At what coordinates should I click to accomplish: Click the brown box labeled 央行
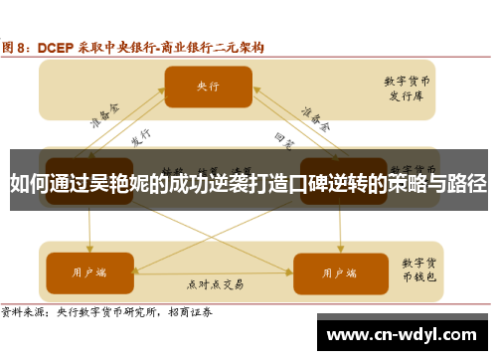[207, 87]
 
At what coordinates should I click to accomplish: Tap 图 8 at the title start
[17, 47]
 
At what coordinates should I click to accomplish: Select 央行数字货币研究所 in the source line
[111, 311]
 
